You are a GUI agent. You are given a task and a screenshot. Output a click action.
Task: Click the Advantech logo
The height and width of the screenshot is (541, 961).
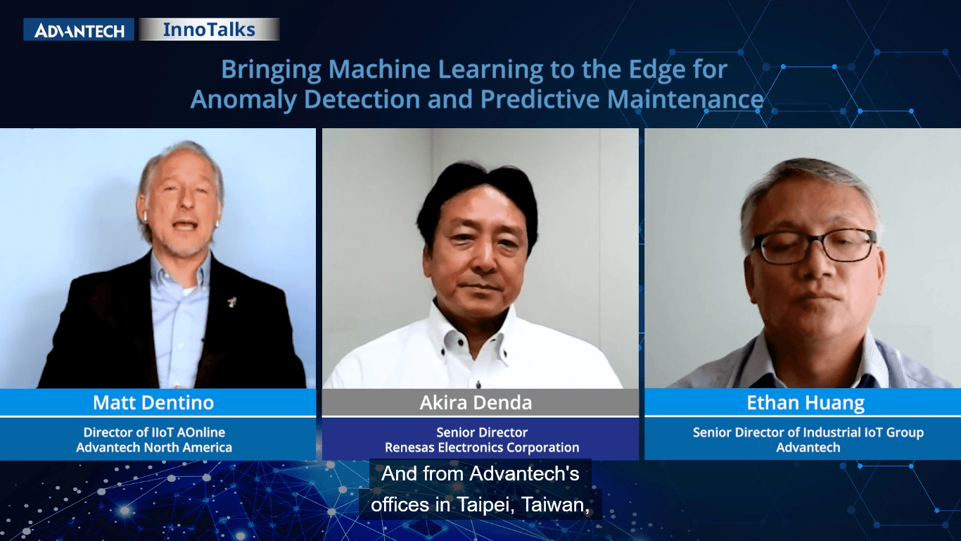coord(79,30)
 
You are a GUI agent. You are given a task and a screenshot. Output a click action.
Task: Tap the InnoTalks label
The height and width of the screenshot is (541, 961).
coord(209,30)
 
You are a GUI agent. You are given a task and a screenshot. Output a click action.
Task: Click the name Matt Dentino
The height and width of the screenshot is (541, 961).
coord(153,402)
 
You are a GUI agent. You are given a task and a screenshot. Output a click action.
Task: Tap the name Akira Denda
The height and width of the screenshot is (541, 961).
coord(476,402)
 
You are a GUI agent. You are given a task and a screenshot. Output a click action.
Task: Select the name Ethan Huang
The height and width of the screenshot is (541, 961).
coord(806,403)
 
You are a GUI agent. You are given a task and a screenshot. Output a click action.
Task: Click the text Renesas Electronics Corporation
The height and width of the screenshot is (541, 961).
coord(482,447)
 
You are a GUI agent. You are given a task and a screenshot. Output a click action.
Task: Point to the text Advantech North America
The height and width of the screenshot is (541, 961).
coord(154,447)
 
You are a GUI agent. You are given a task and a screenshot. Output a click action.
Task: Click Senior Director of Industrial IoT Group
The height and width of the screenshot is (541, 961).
coord(808,433)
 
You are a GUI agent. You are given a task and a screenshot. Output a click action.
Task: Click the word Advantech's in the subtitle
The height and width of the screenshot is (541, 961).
coord(524,474)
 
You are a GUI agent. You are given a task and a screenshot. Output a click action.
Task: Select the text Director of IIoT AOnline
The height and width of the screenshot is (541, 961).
coord(154,433)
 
